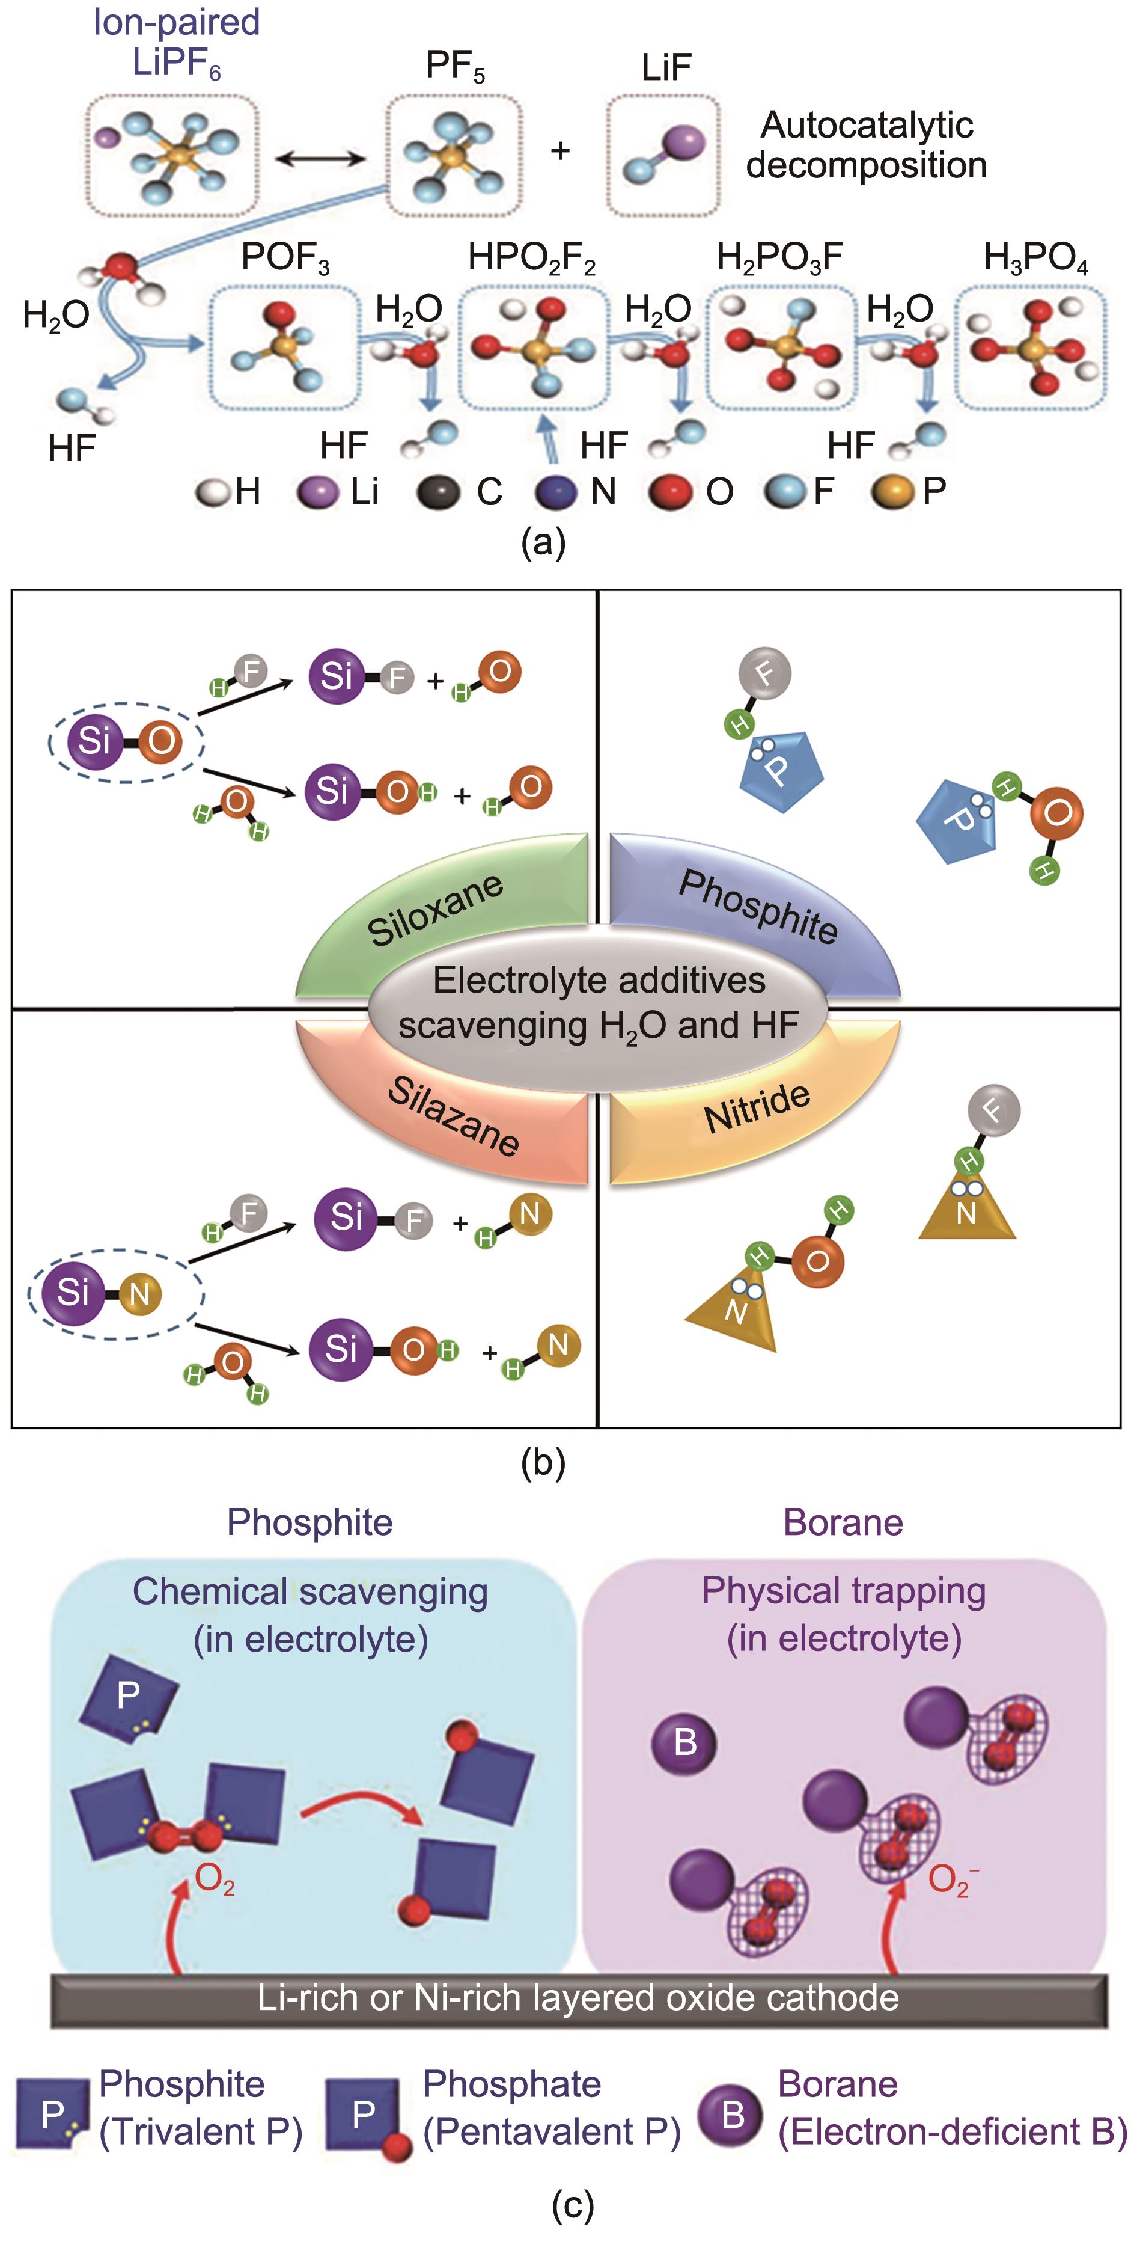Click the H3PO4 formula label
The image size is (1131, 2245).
coord(1035,258)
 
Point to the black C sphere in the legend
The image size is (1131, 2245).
coord(438,492)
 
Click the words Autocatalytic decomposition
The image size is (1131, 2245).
coord(866,145)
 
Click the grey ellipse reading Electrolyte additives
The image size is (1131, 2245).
coord(599,1002)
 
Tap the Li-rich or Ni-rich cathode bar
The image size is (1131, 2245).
coord(579,1997)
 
